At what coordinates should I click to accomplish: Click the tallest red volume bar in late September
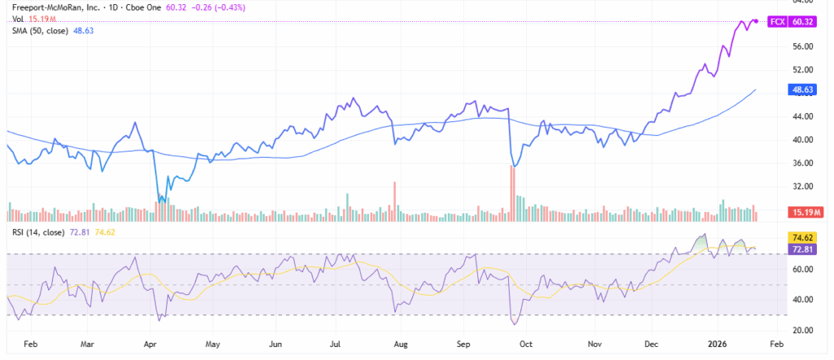tap(512, 193)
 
